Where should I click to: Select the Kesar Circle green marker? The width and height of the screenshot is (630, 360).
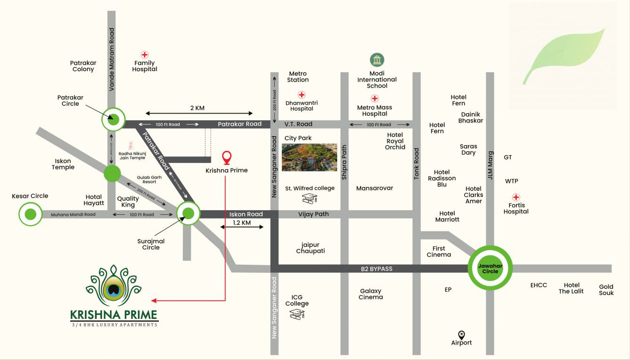click(x=31, y=214)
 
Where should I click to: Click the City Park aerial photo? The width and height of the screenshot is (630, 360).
click(x=309, y=157)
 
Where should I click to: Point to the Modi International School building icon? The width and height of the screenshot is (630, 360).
click(x=377, y=60)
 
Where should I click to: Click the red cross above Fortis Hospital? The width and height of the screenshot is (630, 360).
click(x=516, y=197)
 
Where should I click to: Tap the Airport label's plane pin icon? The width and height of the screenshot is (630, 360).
click(x=461, y=335)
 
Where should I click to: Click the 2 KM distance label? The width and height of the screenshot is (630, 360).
click(x=197, y=108)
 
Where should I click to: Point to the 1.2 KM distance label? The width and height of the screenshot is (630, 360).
click(x=242, y=223)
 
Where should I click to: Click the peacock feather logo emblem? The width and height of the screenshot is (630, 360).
click(x=113, y=287)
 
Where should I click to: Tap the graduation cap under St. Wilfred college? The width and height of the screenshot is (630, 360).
click(x=310, y=199)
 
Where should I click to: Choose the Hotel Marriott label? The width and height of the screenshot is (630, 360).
click(x=447, y=216)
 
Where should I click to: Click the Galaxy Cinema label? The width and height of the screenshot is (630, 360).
click(x=371, y=294)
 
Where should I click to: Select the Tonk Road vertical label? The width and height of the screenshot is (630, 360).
click(x=416, y=164)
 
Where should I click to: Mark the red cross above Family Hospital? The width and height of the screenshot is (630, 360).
click(x=145, y=55)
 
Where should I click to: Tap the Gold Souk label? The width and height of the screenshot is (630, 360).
click(x=606, y=289)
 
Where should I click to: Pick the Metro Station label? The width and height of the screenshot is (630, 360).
click(x=298, y=77)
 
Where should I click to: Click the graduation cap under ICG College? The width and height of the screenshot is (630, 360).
click(x=297, y=314)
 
